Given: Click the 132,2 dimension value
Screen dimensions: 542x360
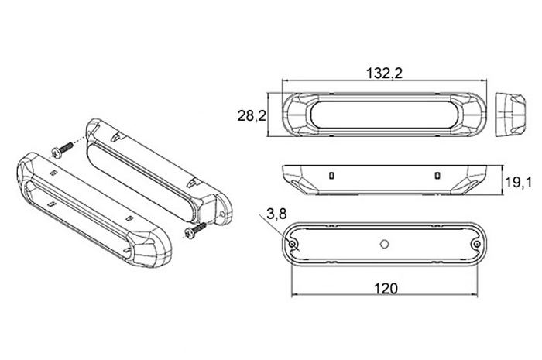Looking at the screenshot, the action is click(x=384, y=74).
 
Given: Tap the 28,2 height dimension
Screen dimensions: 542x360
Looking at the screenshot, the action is click(x=252, y=115).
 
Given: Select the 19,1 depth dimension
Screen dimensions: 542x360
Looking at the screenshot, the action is click(x=519, y=182).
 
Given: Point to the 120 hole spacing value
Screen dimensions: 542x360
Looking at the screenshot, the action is click(x=386, y=288).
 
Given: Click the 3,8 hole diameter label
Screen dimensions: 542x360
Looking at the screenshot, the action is click(x=277, y=214).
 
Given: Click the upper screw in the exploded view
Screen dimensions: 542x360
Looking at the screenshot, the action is click(x=62, y=150).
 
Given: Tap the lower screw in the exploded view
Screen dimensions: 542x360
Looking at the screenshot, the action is click(x=195, y=231).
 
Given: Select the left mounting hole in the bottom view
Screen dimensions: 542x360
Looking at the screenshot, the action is click(x=293, y=245).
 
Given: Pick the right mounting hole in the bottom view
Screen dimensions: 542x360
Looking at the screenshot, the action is click(x=477, y=245).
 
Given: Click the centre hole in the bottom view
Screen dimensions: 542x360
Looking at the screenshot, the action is click(x=384, y=245).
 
